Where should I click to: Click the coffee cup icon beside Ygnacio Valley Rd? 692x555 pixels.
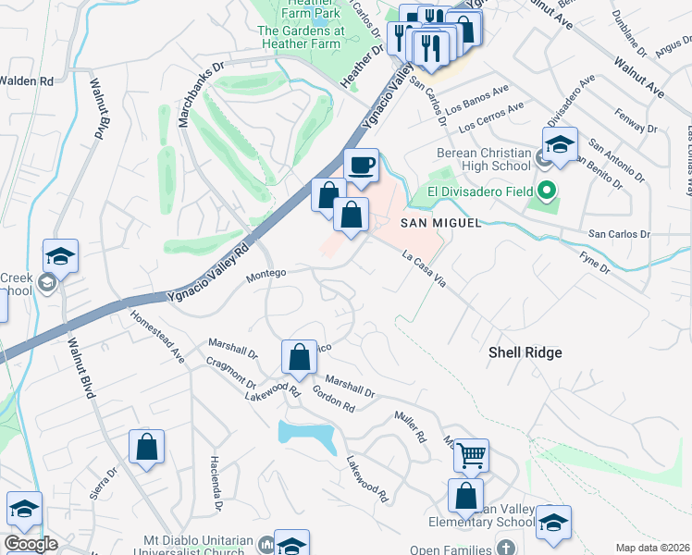(361, 166)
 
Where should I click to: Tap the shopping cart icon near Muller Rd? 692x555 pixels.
(472, 455)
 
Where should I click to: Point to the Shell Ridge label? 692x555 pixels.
(525, 352)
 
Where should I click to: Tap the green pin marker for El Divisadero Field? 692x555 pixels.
(546, 192)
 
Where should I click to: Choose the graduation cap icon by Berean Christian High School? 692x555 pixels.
(560, 145)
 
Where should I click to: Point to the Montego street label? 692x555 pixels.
(266, 273)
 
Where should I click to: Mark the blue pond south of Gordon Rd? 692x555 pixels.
(307, 435)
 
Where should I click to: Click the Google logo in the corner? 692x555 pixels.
(31, 544)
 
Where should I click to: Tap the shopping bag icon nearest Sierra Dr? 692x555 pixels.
(147, 448)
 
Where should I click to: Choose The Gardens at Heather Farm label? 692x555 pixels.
(301, 35)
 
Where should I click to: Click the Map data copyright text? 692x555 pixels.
(652, 548)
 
